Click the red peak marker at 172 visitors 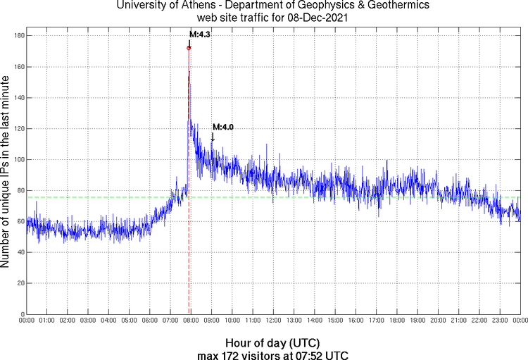click(189, 48)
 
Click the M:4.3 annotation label click(201, 34)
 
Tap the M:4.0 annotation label click(223, 127)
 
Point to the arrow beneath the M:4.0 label click(213, 137)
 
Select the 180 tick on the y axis click(19, 35)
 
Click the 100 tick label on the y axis click(19, 159)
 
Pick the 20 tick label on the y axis click(20, 283)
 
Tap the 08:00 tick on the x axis click(191, 321)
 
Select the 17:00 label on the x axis click(376, 321)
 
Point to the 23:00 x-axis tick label click(500, 321)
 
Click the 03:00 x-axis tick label click(88, 321)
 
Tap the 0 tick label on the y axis click(23, 314)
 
